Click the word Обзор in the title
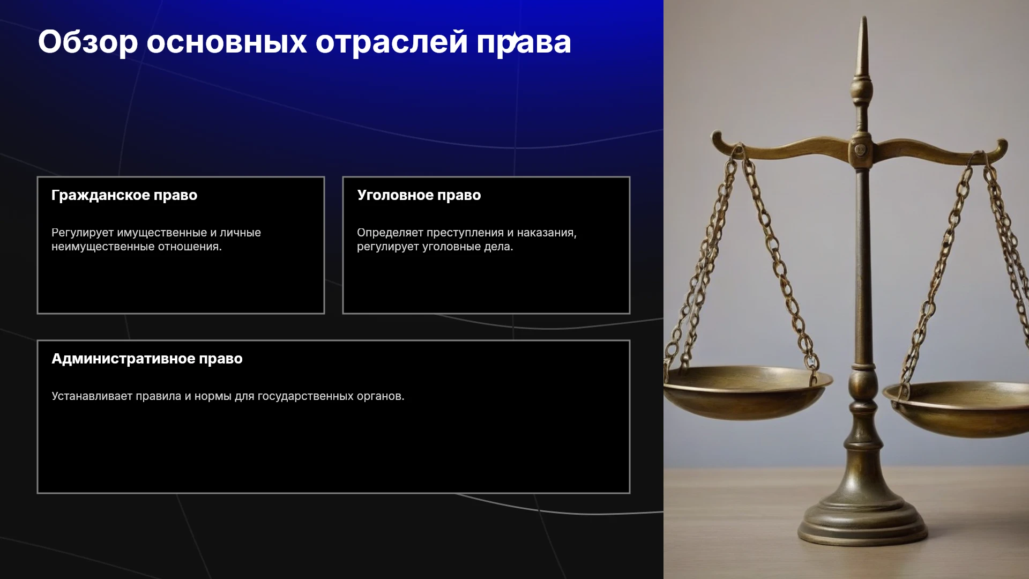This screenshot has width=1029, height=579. pyautogui.click(x=88, y=42)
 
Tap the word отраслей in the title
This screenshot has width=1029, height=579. pyautogui.click(x=392, y=42)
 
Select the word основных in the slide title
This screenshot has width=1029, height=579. pyautogui.click(x=227, y=42)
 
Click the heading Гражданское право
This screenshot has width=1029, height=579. pyautogui.click(x=124, y=195)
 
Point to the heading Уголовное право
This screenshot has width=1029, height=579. pyautogui.click(x=419, y=195)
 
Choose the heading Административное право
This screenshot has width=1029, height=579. pyautogui.click(x=147, y=359)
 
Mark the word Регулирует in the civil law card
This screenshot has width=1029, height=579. pyautogui.click(x=83, y=233)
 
